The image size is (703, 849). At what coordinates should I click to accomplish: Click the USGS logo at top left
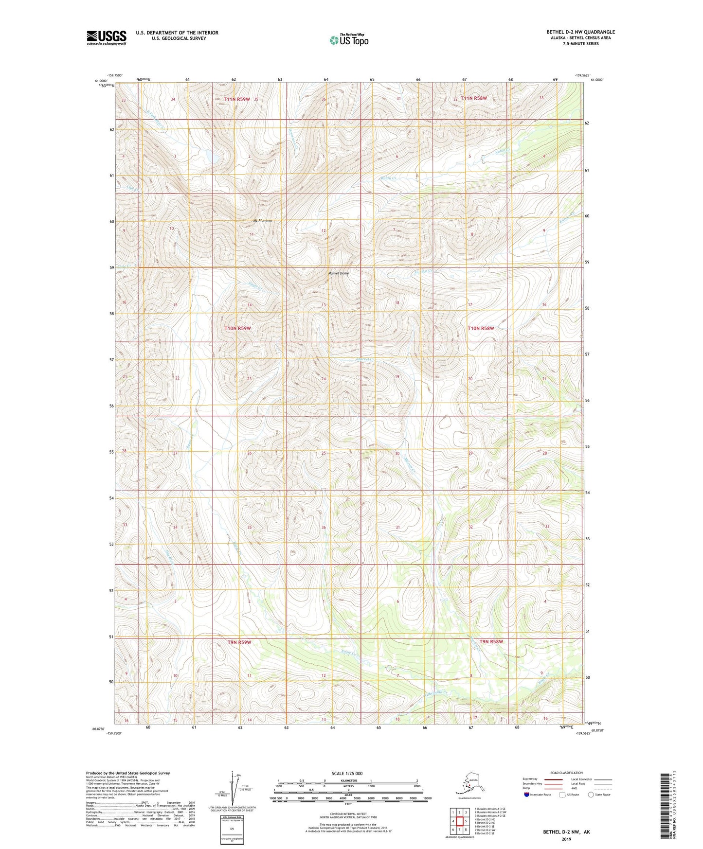pyautogui.click(x=106, y=37)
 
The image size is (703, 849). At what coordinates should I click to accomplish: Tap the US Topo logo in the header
pyautogui.click(x=348, y=40)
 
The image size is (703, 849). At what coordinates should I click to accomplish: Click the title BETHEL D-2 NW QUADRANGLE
pyautogui.click(x=580, y=32)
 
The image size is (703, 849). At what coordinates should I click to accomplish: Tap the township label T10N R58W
pyautogui.click(x=481, y=328)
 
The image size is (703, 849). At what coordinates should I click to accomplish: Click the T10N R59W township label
pyautogui.click(x=237, y=328)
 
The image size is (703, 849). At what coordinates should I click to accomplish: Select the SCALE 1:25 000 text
pyautogui.click(x=347, y=774)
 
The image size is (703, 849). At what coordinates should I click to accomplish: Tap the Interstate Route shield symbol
pyautogui.click(x=527, y=795)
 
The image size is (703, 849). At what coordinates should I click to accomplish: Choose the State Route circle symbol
pyautogui.click(x=591, y=795)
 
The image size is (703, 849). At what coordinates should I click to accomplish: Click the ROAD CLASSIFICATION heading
pyautogui.click(x=566, y=773)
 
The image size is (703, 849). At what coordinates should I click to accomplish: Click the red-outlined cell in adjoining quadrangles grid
pyautogui.click(x=459, y=821)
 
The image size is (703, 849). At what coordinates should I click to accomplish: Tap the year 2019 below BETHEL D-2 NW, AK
pyautogui.click(x=566, y=839)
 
